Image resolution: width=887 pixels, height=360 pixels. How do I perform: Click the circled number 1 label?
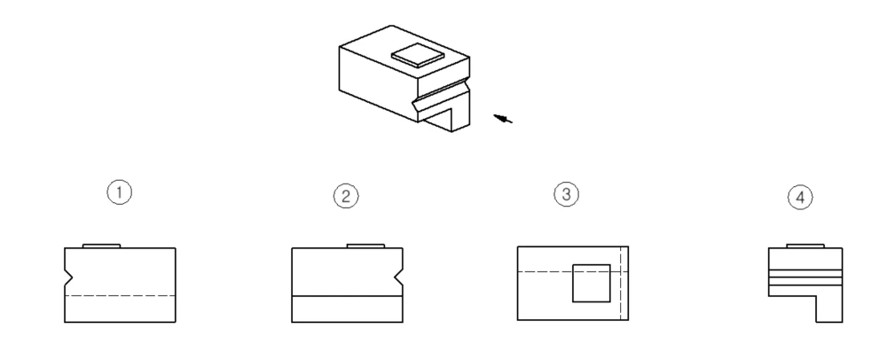pos(120,192)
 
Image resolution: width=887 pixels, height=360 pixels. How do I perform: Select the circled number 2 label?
pos(346,196)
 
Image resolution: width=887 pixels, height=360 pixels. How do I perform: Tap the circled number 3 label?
pos(566,194)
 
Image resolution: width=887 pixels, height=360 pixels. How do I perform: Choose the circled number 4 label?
pos(800,197)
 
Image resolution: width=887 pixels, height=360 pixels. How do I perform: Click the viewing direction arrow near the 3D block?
pos(503,118)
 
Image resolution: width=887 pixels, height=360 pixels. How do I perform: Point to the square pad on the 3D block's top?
pos(418,55)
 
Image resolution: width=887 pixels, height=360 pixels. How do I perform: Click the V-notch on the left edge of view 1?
pos(68,278)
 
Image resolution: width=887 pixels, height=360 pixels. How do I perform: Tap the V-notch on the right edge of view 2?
pos(399,278)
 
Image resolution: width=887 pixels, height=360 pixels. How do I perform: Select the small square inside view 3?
pos(591,283)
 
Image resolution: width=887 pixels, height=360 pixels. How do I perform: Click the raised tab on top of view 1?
pos(101,246)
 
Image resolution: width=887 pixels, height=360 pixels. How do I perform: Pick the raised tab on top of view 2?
pos(365,246)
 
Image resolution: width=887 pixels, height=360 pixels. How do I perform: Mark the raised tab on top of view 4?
pos(805,246)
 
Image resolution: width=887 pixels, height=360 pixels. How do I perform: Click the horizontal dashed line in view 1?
pos(120,295)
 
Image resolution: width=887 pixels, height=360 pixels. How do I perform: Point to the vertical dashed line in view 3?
pos(621,283)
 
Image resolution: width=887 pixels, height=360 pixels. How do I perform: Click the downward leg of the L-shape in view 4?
pos(828,309)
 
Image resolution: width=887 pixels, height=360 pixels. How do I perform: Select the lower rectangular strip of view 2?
pos(348,309)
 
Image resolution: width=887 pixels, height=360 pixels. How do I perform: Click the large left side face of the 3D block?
pos(379,83)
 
